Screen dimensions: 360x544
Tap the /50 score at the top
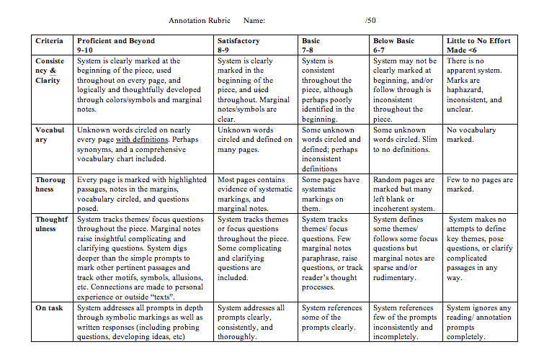click(370, 21)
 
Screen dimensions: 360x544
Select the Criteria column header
click(49, 41)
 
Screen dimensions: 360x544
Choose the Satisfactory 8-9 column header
click(238, 46)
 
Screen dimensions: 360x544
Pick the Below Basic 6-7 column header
click(395, 46)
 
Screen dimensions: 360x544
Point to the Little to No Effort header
click(479, 46)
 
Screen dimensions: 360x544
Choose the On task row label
click(50, 307)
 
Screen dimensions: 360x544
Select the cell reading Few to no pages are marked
click(480, 184)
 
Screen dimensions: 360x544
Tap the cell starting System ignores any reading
click(479, 322)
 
